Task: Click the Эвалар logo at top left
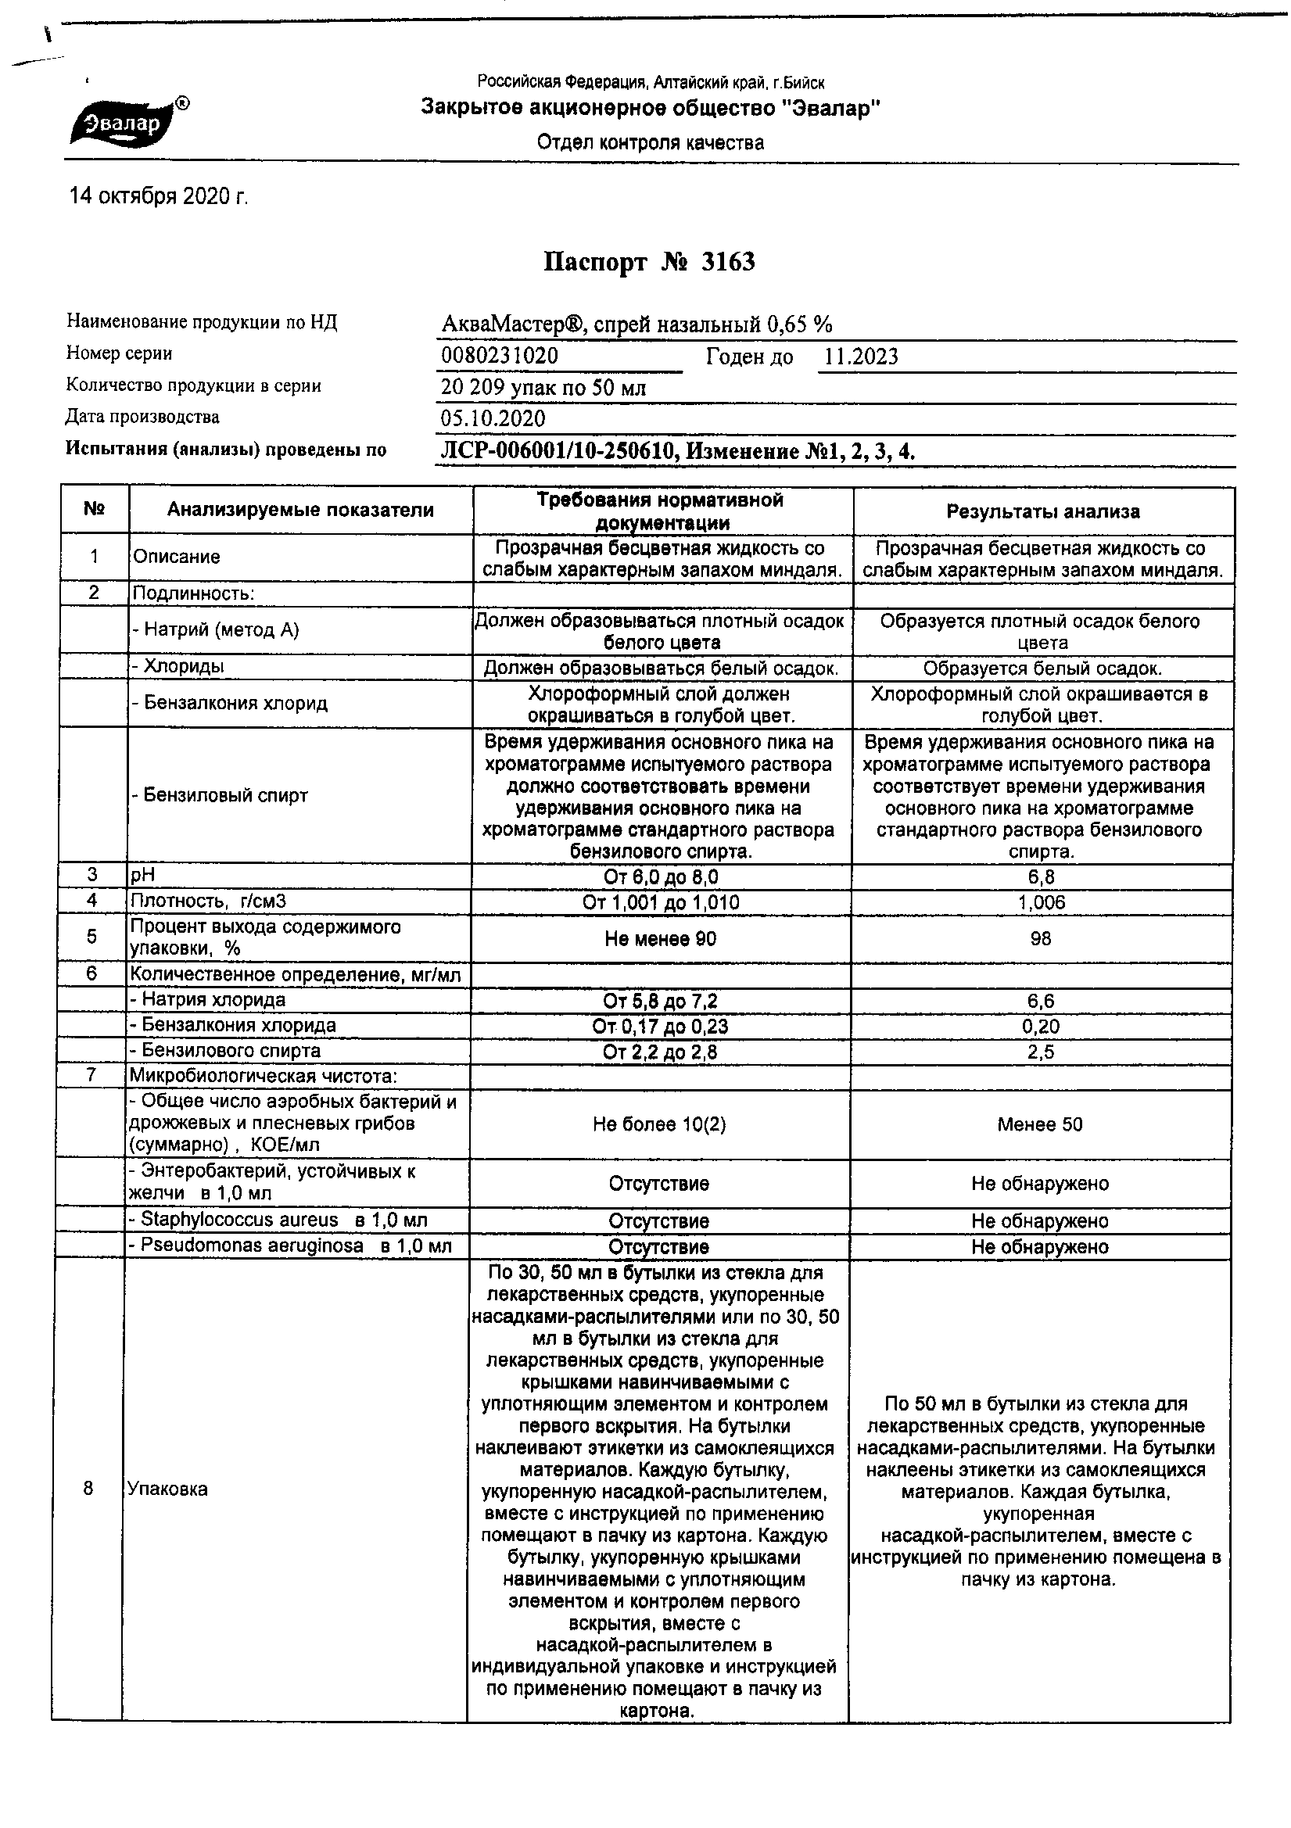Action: pyautogui.click(x=127, y=124)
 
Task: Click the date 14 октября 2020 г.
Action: pyautogui.click(x=159, y=197)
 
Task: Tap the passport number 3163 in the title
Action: pyautogui.click(x=727, y=262)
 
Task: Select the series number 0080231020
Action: pyautogui.click(x=500, y=356)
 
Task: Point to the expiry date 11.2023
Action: pyautogui.click(x=860, y=357)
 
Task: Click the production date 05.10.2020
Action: pyautogui.click(x=493, y=419)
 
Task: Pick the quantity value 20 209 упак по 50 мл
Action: pyautogui.click(x=543, y=388)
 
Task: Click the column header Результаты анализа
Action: pyautogui.click(x=1042, y=512)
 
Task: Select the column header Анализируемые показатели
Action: pyautogui.click(x=300, y=511)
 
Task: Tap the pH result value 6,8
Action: pyautogui.click(x=1041, y=877)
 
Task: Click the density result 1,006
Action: pyautogui.click(x=1041, y=902)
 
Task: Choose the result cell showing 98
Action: pyautogui.click(x=1040, y=939)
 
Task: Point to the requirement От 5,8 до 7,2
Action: pyautogui.click(x=660, y=1002)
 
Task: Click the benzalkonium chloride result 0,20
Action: pyautogui.click(x=1041, y=1027)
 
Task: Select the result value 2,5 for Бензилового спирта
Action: pyautogui.click(x=1041, y=1052)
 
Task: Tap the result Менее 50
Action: pyautogui.click(x=1039, y=1124)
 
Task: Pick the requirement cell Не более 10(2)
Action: pyautogui.click(x=659, y=1124)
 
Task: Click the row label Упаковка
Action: pyautogui.click(x=167, y=1489)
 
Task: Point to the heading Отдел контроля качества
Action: pyautogui.click(x=650, y=143)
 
